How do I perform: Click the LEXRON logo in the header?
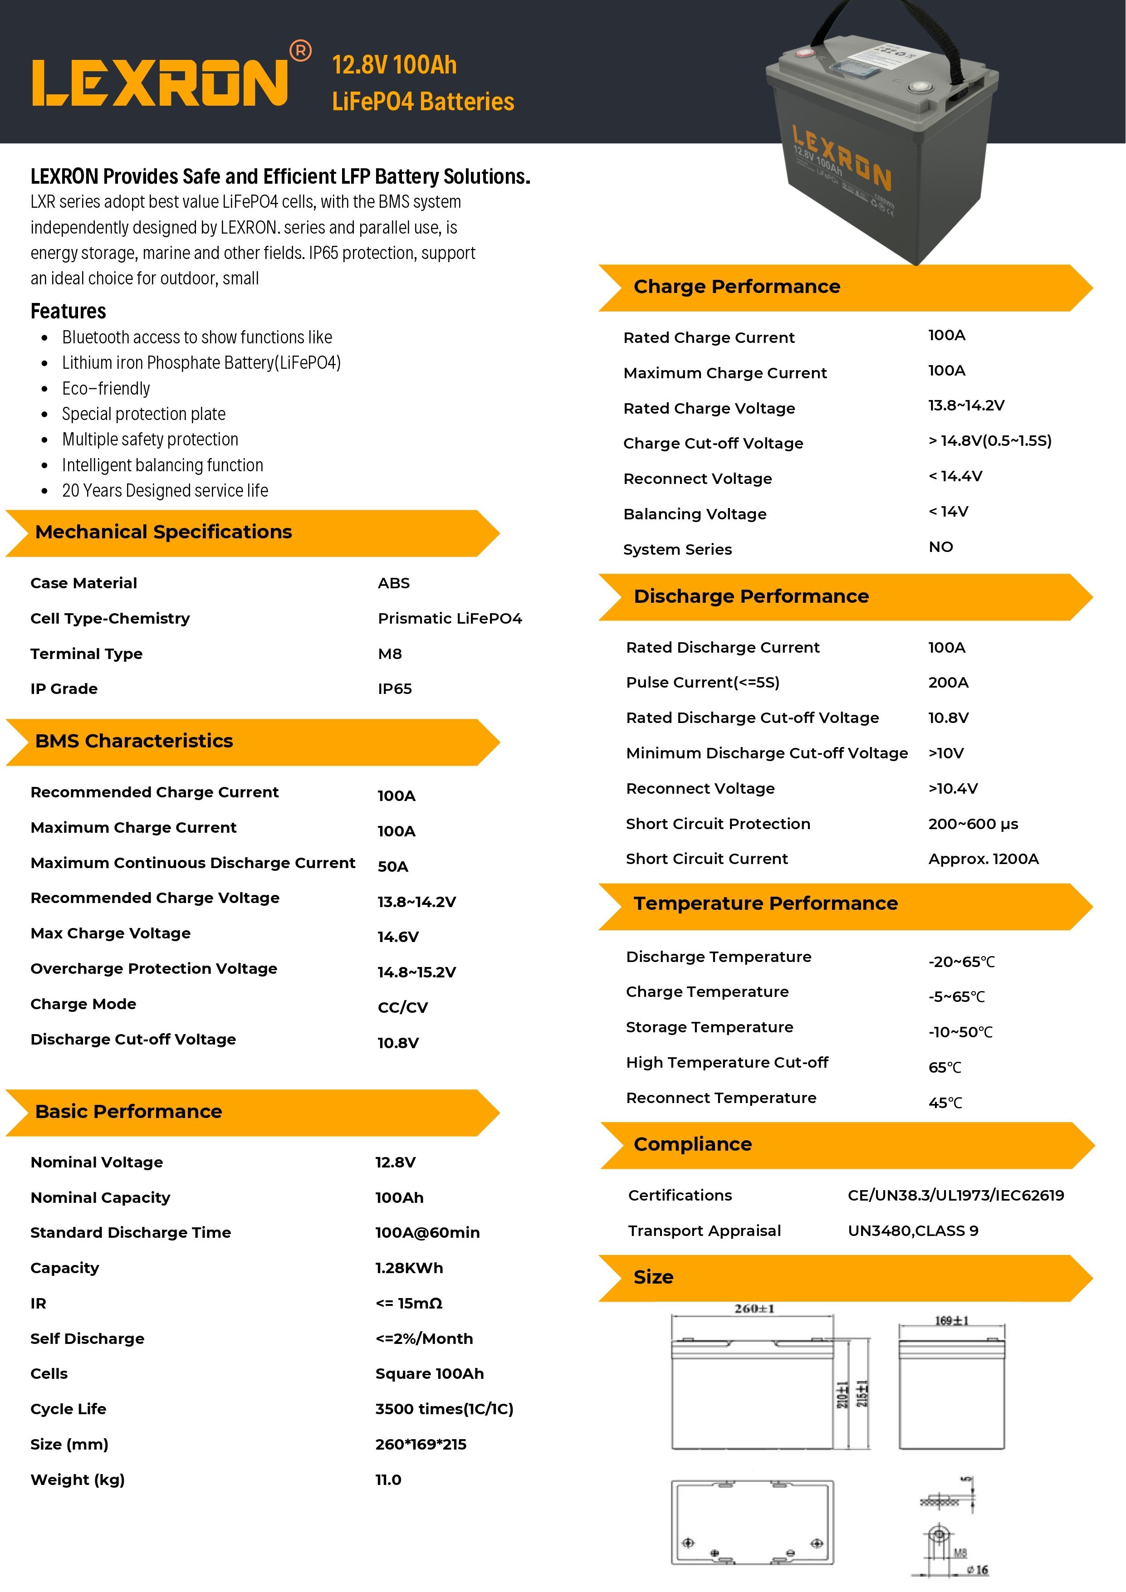pos(160,83)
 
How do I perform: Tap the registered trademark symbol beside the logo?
pos(300,51)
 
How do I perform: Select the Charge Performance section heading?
pos(736,286)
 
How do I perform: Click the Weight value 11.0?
pos(388,1480)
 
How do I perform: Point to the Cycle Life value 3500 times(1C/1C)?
pos(444,1409)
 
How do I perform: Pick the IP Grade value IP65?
pos(395,689)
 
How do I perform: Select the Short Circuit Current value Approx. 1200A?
pos(983,859)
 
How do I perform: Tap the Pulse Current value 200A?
pos(948,682)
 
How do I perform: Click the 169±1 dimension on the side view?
pos(951,1321)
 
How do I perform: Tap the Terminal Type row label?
pos(87,654)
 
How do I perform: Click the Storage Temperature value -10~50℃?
pos(960,1032)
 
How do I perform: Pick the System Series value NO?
pos(940,547)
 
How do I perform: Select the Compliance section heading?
pos(692,1144)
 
